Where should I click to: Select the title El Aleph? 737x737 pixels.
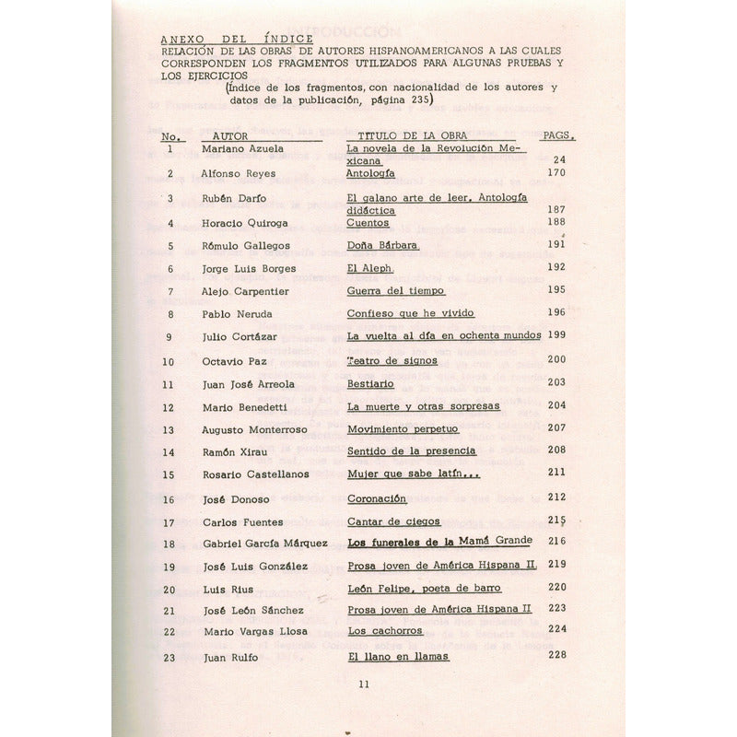[368, 268]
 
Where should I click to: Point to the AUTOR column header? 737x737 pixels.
[229, 135]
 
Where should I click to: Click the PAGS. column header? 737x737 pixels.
[558, 135]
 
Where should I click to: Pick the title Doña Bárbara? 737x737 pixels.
[381, 245]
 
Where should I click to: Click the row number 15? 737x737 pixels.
[168, 474]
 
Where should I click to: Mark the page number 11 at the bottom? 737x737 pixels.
[363, 684]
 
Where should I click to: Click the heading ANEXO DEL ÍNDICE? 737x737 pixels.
[237, 39]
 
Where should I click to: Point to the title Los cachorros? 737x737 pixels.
[385, 631]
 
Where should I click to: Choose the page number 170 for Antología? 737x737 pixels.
[555, 172]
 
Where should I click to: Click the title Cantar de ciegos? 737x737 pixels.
[393, 521]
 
